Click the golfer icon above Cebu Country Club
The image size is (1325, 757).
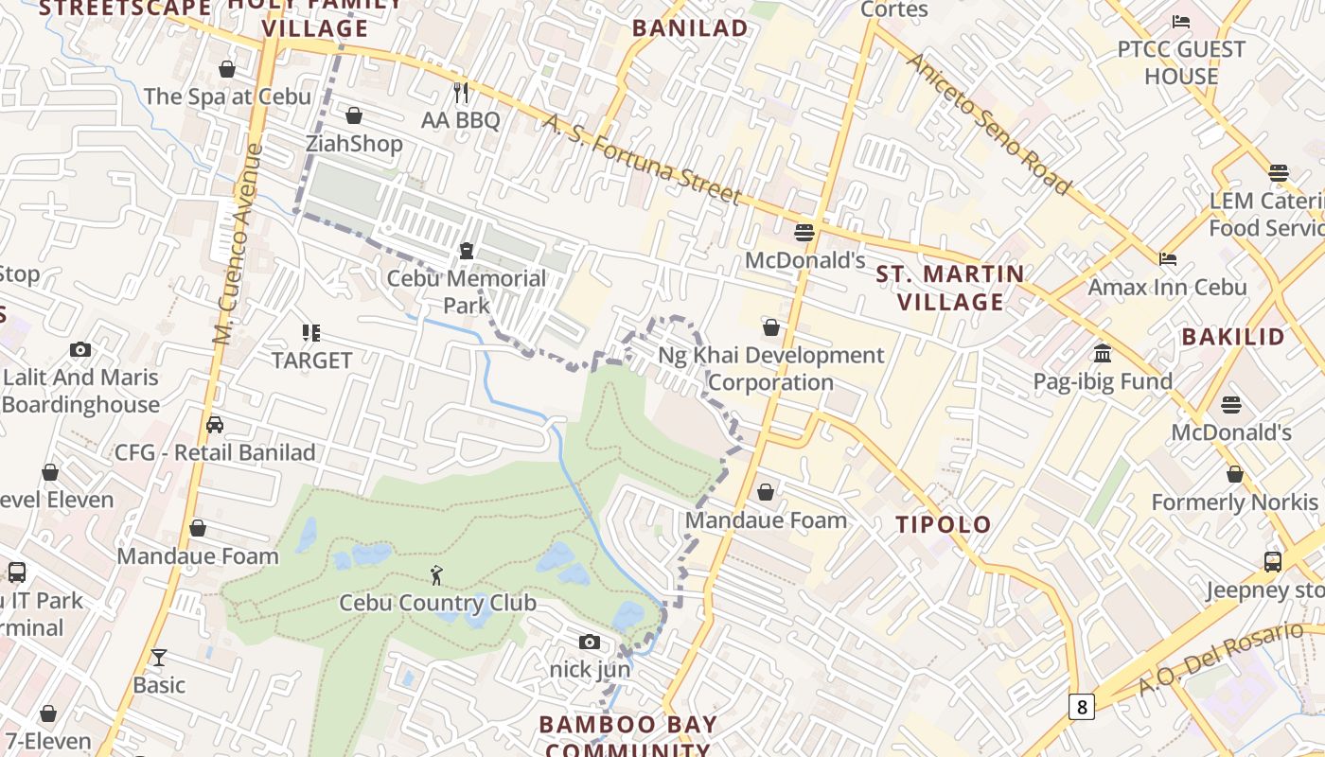[436, 574]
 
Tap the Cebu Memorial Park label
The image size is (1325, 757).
[466, 291]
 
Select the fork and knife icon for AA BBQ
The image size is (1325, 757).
[461, 92]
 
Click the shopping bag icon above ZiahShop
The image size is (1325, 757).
[354, 115]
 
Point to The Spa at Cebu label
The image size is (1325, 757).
[227, 97]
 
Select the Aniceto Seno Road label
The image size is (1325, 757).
[989, 123]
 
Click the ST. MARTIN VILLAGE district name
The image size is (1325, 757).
[950, 288]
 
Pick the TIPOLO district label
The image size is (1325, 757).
[944, 524]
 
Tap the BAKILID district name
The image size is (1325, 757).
[1232, 337]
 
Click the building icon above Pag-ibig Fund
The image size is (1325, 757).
[1103, 354]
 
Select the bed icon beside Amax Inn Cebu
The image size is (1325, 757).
[1168, 258]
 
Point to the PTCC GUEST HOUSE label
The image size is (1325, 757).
[1180, 62]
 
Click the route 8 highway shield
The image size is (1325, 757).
[1082, 706]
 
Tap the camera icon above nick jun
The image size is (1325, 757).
[590, 643]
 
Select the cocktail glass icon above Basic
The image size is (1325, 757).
[159, 657]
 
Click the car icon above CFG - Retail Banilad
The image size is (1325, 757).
[215, 425]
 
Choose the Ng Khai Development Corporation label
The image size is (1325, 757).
[770, 368]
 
